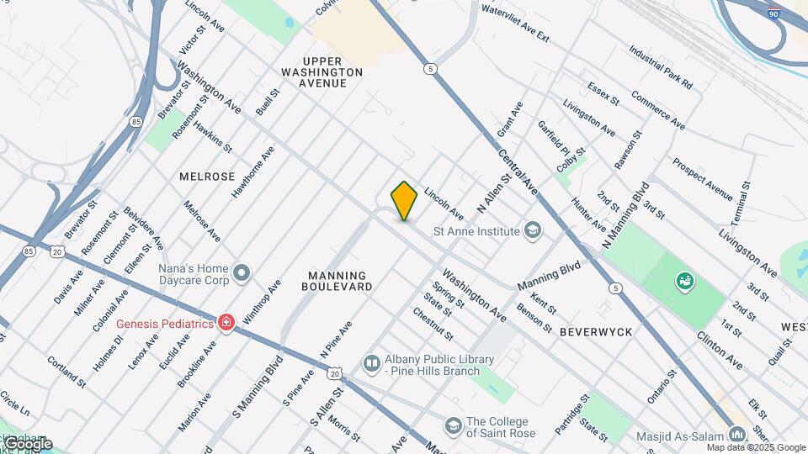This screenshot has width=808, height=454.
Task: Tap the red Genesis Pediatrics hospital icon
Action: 225,323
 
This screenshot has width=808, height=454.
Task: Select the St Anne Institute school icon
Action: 533,230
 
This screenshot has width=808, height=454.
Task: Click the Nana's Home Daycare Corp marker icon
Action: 242,272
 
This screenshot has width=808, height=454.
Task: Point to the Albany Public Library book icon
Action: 371,363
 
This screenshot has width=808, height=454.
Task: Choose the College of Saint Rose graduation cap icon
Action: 454,427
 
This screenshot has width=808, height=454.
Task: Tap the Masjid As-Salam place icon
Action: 737,434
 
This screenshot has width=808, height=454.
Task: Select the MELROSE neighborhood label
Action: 207,177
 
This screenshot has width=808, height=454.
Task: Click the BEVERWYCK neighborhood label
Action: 596,332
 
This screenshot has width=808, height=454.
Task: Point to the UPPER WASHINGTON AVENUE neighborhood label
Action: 334,72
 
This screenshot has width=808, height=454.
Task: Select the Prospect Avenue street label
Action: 702,177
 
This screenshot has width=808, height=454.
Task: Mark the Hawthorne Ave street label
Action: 252,172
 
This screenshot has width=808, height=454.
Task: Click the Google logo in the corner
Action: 27,443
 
